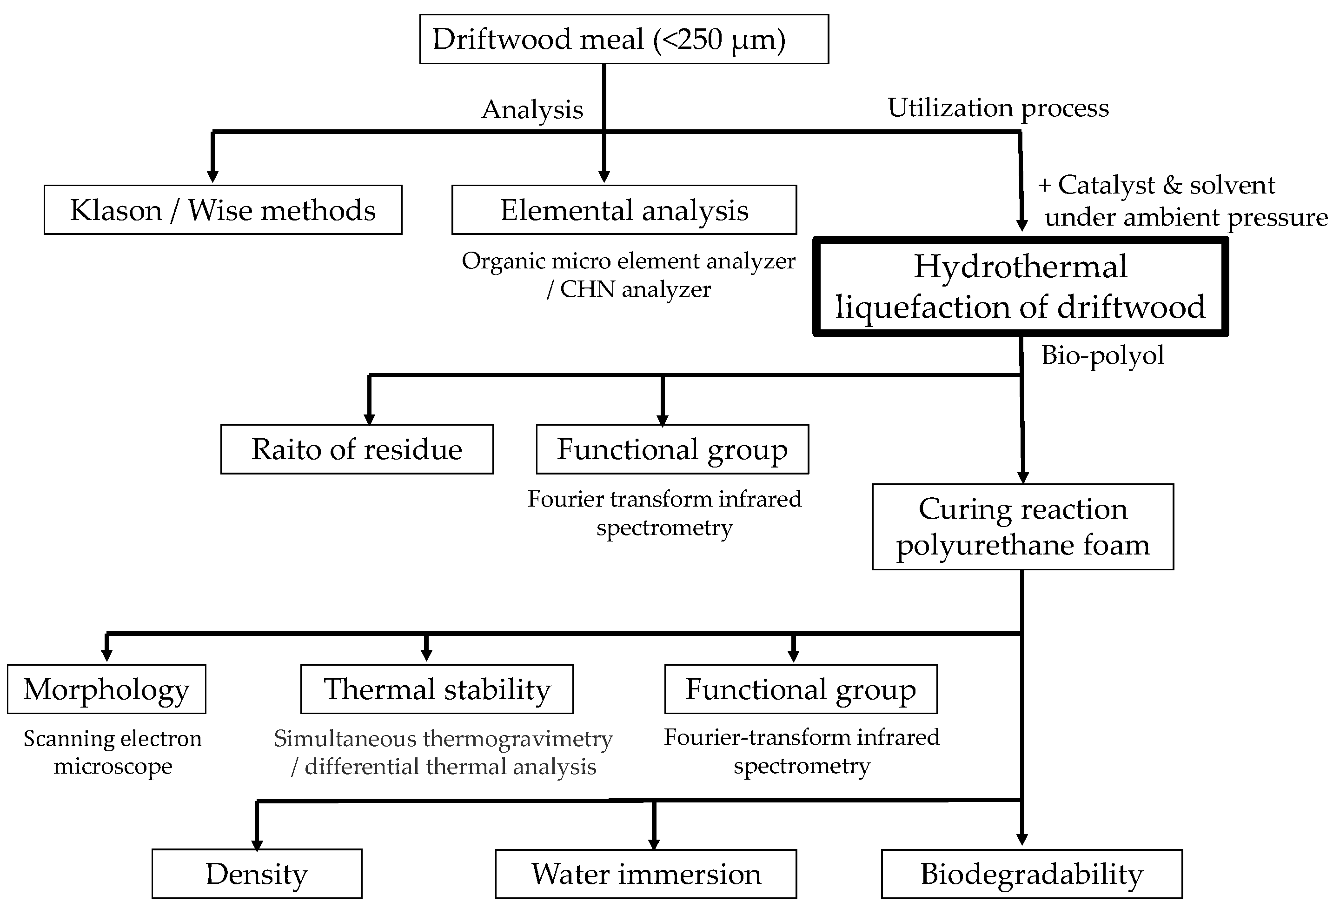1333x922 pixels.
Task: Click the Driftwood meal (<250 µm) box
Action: pyautogui.click(x=623, y=39)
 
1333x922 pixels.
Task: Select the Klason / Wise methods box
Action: pyautogui.click(x=223, y=210)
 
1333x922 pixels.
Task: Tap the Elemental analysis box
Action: pyautogui.click(x=623, y=210)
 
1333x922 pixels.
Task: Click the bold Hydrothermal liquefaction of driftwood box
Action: pyautogui.click(x=1020, y=287)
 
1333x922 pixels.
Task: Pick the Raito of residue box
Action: pyautogui.click(x=356, y=449)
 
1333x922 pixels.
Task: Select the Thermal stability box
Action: pyautogui.click(x=437, y=689)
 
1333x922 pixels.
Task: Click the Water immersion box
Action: pyautogui.click(x=645, y=874)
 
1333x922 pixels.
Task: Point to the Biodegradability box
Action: pyautogui.click(x=1031, y=874)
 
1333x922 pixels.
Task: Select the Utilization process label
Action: pyautogui.click(x=998, y=108)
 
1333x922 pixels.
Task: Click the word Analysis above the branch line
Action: pyautogui.click(x=532, y=110)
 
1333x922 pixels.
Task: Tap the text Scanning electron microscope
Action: pyautogui.click(x=113, y=753)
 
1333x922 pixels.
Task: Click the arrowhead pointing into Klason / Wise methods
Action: pyautogui.click(x=212, y=176)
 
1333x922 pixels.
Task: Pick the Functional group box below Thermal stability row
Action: pyautogui.click(x=800, y=689)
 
